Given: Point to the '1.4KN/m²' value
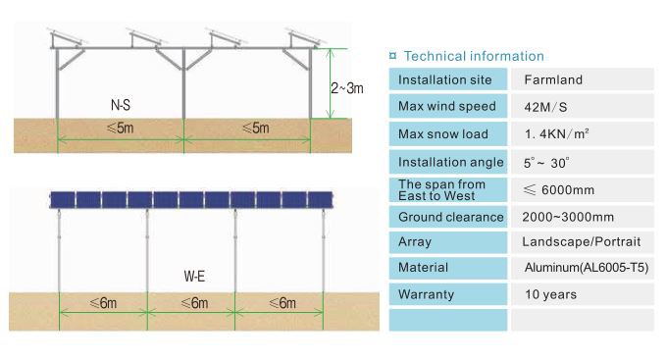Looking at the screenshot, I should (x=555, y=133).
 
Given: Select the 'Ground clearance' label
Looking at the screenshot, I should (x=450, y=216).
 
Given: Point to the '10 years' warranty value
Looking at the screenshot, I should (x=550, y=294).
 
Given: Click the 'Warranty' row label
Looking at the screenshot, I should (x=425, y=294).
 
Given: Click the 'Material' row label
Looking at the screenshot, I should (x=423, y=268).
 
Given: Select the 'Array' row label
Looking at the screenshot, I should (x=415, y=241).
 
